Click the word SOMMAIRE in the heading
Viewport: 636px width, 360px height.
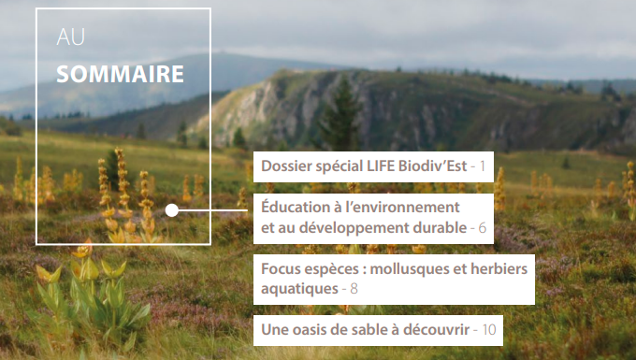[x=120, y=74]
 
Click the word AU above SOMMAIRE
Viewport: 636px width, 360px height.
[x=70, y=36]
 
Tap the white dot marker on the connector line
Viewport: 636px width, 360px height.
[x=171, y=210]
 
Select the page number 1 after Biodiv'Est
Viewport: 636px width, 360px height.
[x=483, y=166]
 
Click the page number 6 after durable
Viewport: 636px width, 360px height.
[x=483, y=228]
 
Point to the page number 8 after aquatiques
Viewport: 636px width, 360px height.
[x=354, y=289]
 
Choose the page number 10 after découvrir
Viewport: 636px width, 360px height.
[x=489, y=329]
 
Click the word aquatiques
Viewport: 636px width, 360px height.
[x=299, y=290]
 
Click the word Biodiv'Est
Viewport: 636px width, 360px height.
[x=432, y=166]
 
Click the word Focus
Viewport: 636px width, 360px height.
[x=282, y=268]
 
